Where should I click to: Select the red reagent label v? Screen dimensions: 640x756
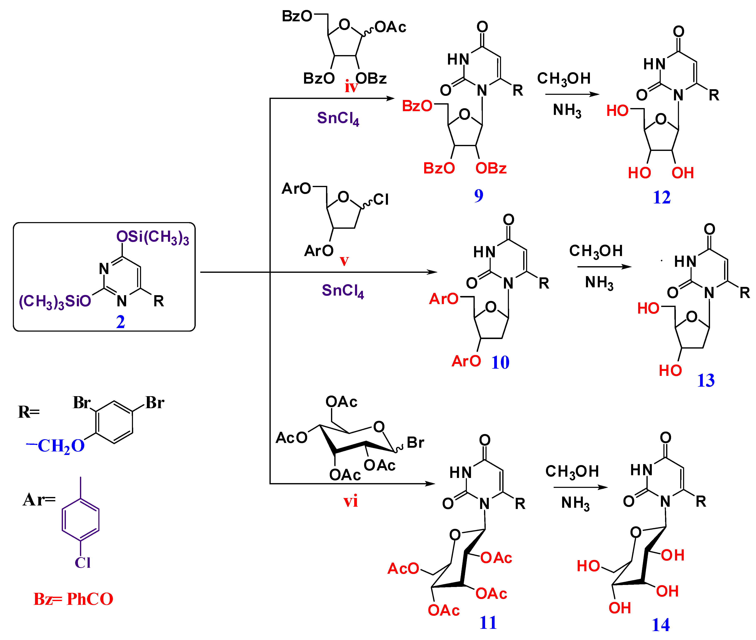tap(344, 261)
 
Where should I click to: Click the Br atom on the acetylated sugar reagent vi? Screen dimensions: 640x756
tap(415, 443)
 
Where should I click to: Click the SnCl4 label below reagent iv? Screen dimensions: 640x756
tap(338, 118)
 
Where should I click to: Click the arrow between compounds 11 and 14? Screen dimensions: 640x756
tap(580, 487)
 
